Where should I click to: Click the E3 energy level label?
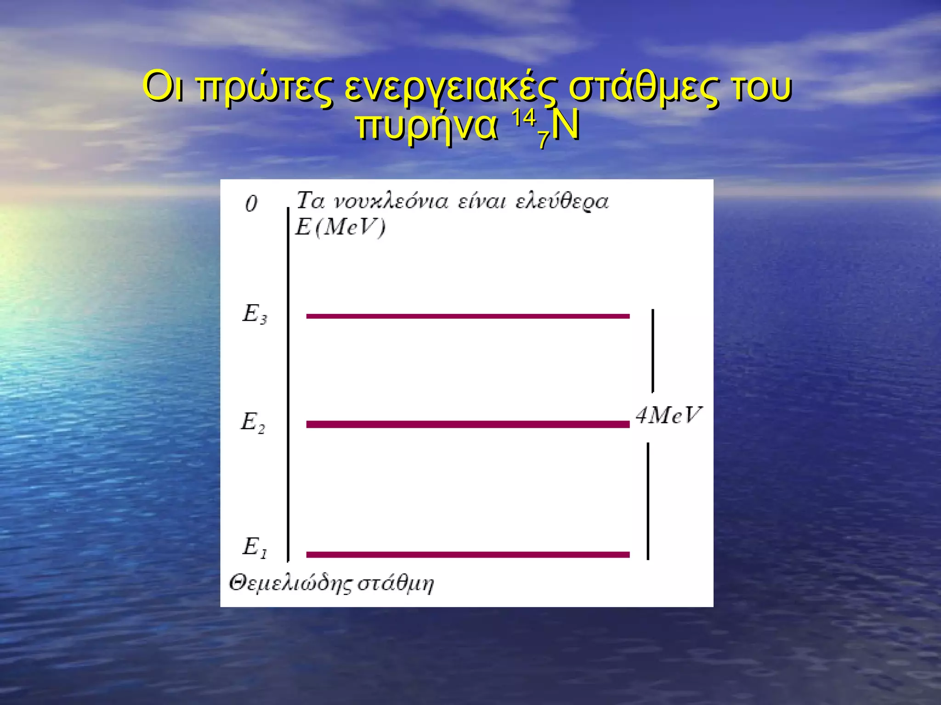click(x=255, y=314)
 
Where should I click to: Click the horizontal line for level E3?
click(x=468, y=316)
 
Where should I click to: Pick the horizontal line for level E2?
click(x=468, y=424)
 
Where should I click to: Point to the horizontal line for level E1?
click(x=468, y=554)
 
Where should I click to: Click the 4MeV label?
click(x=669, y=416)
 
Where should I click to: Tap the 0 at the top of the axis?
click(x=251, y=203)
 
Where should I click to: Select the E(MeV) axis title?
click(x=340, y=227)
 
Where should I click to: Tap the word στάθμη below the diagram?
click(x=396, y=583)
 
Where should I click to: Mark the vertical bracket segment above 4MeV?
click(x=652, y=351)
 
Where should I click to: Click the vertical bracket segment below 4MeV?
click(x=648, y=501)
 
